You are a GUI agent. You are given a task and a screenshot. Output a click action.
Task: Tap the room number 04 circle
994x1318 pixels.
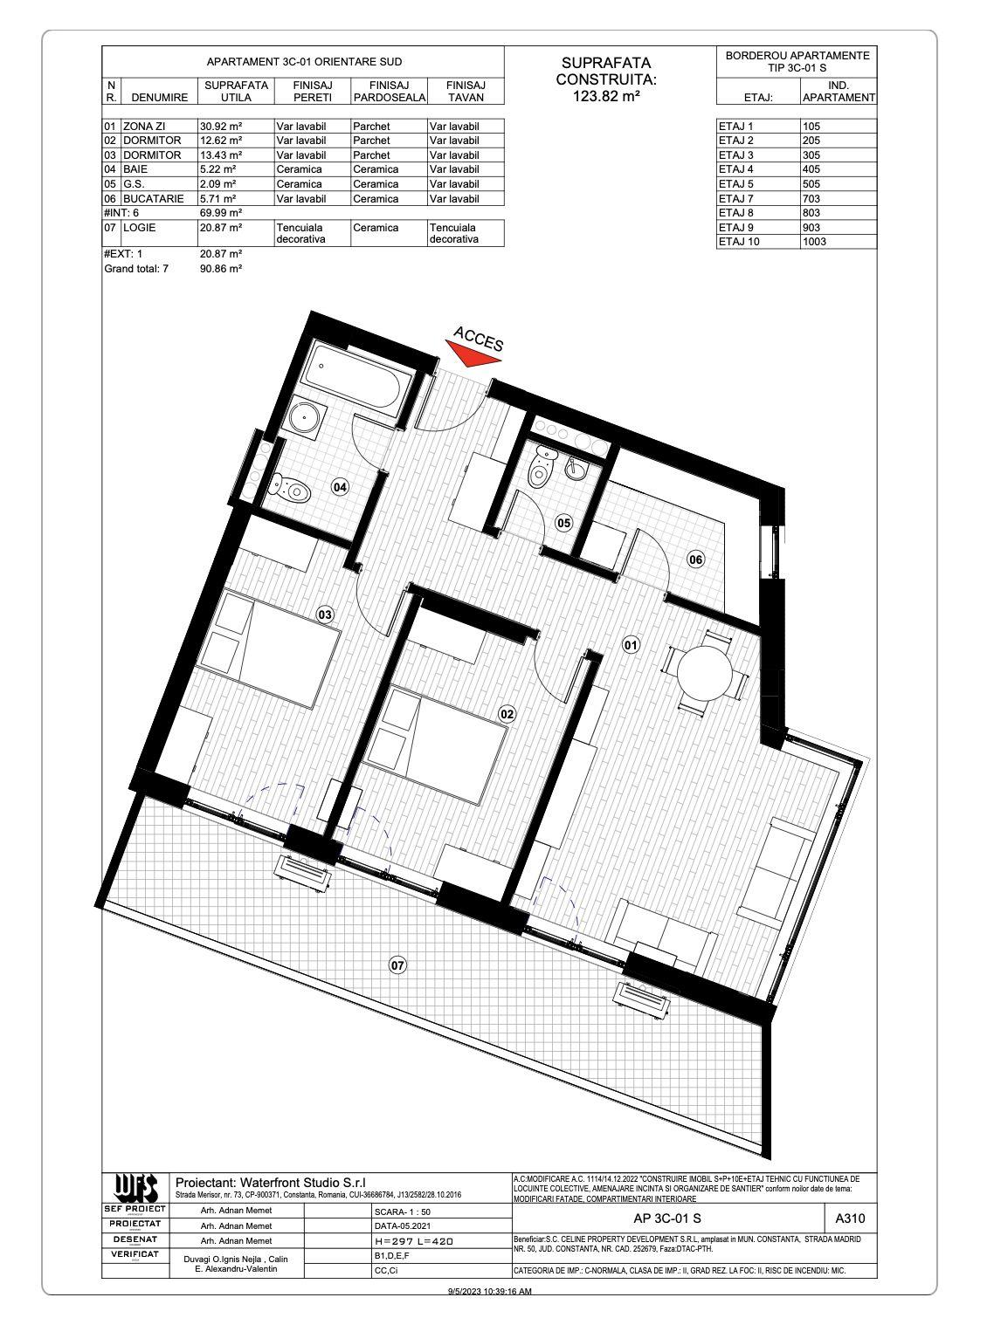340,487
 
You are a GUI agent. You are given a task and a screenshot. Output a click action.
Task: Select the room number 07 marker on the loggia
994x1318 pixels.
397,965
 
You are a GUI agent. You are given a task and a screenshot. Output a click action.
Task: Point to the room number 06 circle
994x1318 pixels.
695,559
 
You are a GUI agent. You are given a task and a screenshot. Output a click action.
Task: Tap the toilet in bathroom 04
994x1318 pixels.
293,490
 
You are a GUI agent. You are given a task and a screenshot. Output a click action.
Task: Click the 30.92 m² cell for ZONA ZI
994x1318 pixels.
222,126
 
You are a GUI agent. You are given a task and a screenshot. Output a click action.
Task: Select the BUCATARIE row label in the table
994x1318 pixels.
153,198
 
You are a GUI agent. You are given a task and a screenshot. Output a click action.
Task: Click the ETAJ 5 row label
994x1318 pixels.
735,184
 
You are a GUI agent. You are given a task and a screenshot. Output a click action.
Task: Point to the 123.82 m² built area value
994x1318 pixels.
605,97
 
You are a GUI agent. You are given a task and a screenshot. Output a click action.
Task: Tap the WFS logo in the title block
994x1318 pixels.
135,1188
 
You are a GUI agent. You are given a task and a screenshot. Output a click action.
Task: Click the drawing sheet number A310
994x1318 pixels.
850,1218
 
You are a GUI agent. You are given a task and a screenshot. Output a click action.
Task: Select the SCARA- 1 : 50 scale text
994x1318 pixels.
402,1212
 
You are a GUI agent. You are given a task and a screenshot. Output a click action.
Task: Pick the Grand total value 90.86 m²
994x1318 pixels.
221,269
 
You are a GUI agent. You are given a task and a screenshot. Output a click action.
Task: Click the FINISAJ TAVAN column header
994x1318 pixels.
466,91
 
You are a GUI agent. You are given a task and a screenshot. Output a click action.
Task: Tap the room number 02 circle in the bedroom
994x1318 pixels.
507,714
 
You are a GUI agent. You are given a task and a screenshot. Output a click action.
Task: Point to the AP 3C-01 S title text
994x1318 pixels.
666,1218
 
